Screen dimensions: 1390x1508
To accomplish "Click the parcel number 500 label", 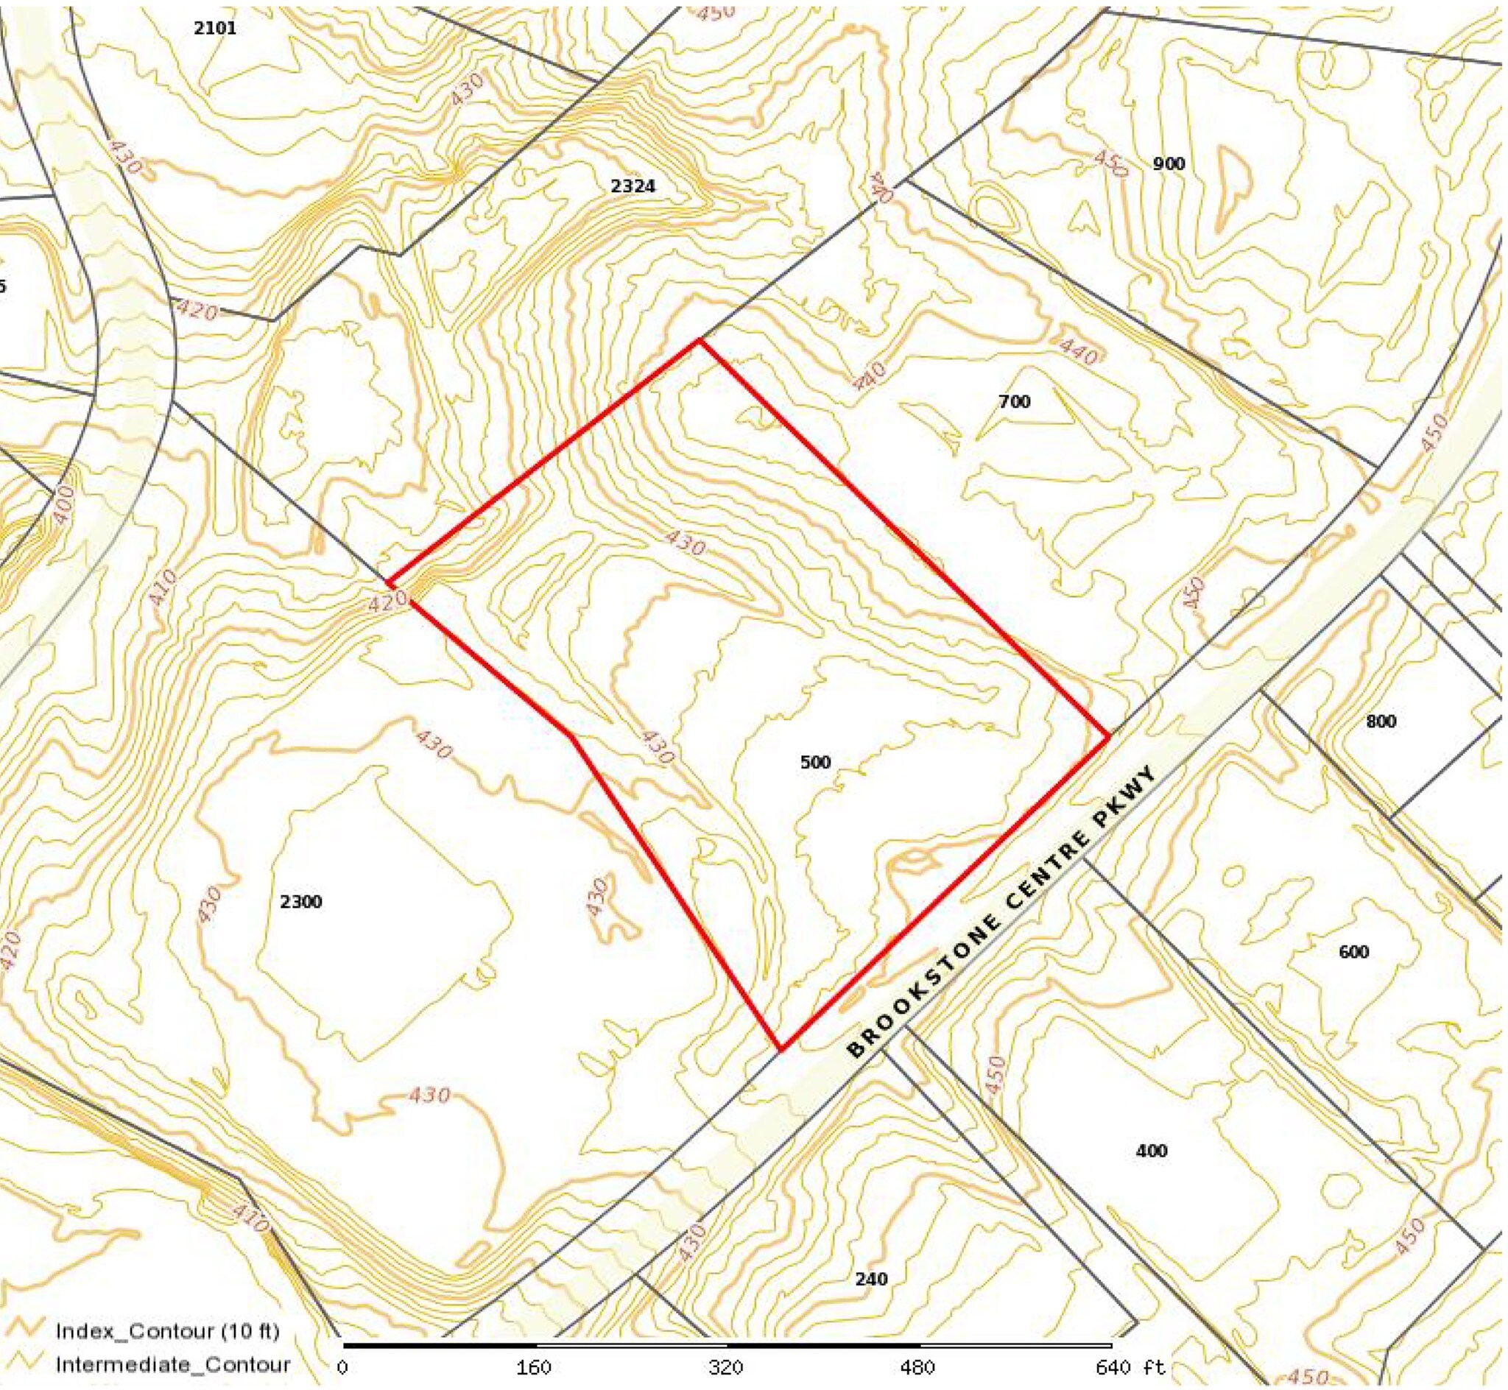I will (x=815, y=762).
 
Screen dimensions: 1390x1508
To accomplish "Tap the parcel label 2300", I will (x=301, y=902).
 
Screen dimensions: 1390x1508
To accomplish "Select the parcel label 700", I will (x=1015, y=402).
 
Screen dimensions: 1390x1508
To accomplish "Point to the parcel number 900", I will (x=1169, y=164).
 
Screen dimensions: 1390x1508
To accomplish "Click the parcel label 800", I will (x=1380, y=722).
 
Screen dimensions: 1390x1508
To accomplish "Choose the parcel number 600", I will (x=1354, y=952).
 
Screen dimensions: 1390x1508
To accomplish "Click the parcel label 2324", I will (x=633, y=186).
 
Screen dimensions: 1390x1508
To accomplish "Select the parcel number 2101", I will (x=215, y=29).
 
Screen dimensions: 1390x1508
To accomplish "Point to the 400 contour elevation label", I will (x=63, y=507).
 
